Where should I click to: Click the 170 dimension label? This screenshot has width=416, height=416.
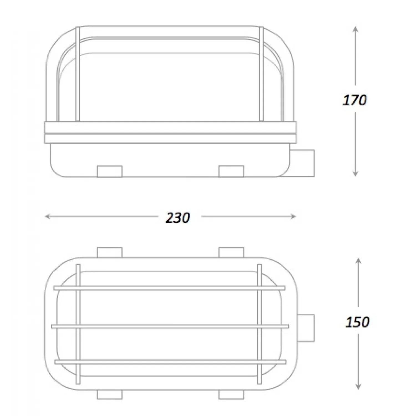(x=355, y=100)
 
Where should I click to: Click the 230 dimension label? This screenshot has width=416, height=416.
(x=178, y=218)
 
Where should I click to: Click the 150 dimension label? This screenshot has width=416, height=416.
(x=357, y=322)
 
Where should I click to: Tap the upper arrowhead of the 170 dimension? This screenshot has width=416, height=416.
(x=356, y=29)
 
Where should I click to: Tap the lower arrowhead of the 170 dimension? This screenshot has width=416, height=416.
(x=355, y=174)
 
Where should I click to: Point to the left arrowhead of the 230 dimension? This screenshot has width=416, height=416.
(x=48, y=217)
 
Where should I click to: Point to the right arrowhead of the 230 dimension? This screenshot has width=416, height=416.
(x=293, y=217)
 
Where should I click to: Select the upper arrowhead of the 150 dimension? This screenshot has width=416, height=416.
(x=358, y=261)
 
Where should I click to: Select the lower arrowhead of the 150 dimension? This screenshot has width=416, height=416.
(x=358, y=386)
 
